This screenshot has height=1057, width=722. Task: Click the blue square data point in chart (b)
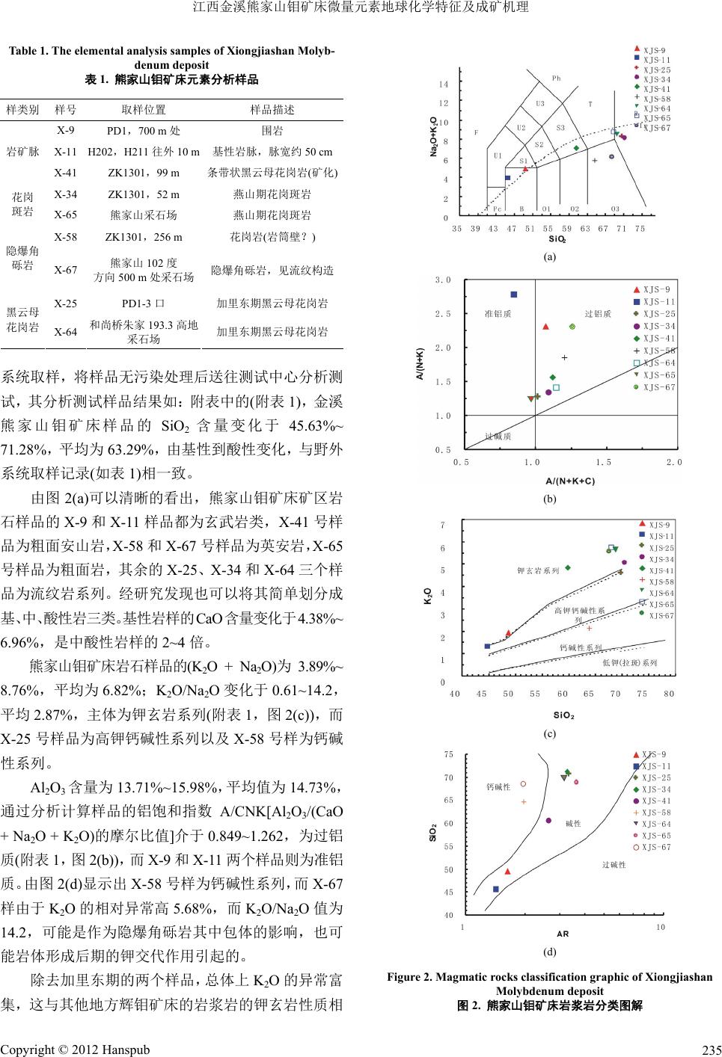coord(514,295)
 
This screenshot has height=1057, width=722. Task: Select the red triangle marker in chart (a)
coord(525,170)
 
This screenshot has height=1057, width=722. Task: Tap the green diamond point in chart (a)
coord(576,148)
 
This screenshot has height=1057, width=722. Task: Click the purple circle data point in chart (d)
coord(548,821)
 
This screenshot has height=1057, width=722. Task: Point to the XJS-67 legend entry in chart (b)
coord(659,387)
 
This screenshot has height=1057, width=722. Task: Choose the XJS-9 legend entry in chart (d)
coord(654,754)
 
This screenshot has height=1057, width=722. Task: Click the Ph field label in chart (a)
coord(556,78)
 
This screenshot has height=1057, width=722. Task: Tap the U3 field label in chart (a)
coord(540,104)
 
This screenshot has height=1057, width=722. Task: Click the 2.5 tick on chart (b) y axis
coord(443,314)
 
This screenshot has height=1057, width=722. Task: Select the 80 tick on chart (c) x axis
coord(669,694)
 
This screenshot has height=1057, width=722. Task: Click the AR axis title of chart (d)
coord(563,934)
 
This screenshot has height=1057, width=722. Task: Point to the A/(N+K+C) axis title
coord(570,481)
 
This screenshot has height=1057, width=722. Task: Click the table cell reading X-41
coord(66,173)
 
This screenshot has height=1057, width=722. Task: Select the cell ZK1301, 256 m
coord(144,237)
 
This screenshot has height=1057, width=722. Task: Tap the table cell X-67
coord(66,269)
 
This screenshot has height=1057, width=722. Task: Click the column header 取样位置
coord(144,109)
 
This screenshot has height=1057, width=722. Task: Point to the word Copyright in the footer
coord(29,1050)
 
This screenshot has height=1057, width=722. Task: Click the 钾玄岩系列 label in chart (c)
coord(539,571)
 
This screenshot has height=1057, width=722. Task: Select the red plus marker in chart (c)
coord(590,628)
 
